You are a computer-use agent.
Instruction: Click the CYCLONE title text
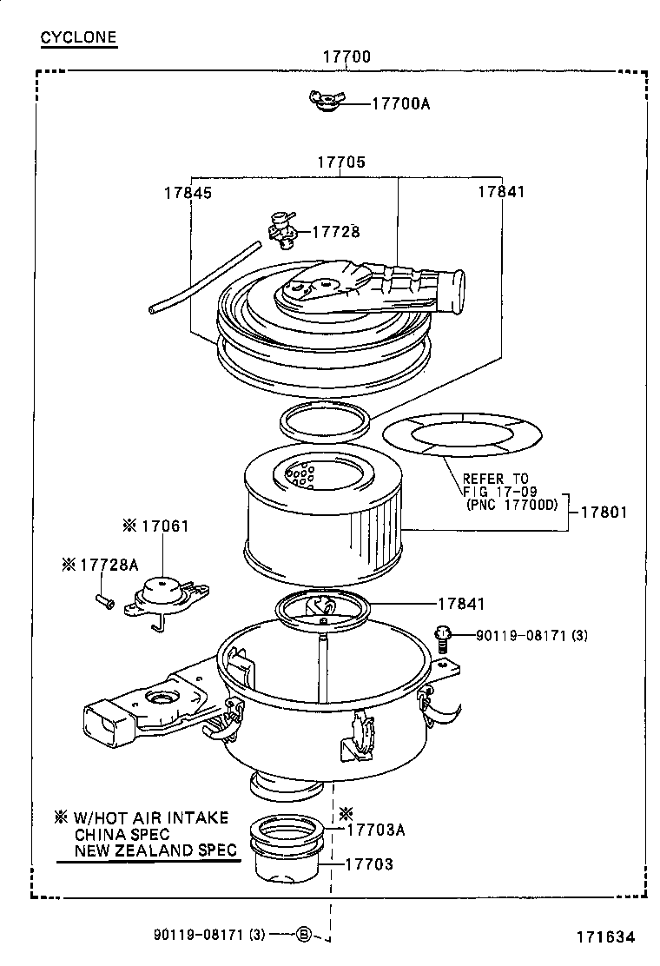tap(78, 37)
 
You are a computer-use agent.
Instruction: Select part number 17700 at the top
tap(346, 57)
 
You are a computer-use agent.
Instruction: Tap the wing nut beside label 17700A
tap(328, 102)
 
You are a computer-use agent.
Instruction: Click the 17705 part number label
tap(340, 162)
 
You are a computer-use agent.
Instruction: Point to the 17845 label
tap(188, 192)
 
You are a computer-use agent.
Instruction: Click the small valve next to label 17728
tap(282, 228)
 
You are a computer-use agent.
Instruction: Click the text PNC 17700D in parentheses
tap(511, 504)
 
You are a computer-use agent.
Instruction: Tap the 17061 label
tap(165, 526)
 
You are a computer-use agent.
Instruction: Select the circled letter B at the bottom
tap(303, 935)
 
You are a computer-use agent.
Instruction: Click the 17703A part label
tap(375, 829)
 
